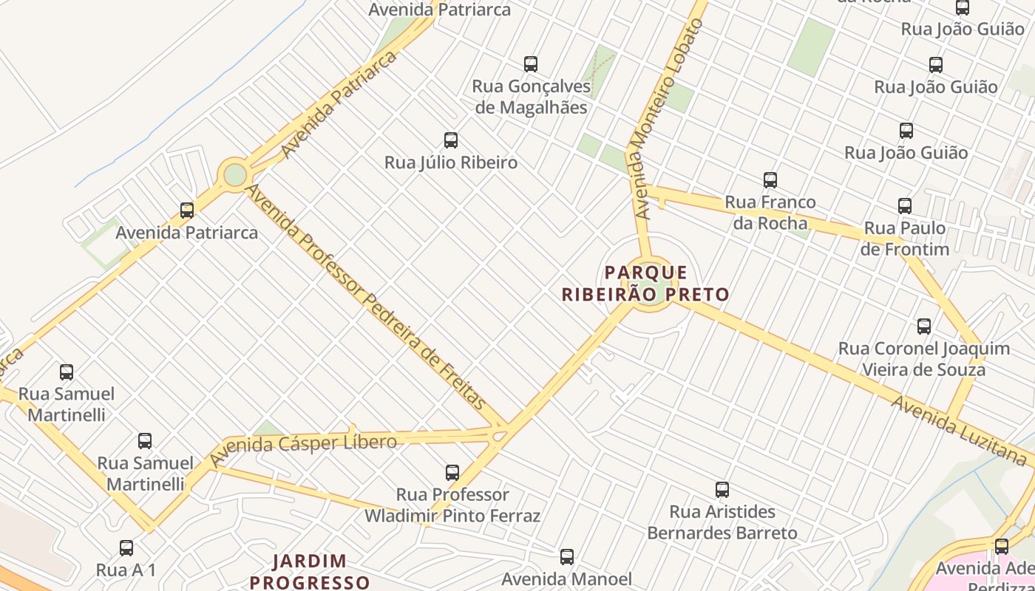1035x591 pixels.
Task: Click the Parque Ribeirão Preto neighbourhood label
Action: pyautogui.click(x=645, y=284)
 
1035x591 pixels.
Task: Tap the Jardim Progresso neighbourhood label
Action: pyautogui.click(x=310, y=572)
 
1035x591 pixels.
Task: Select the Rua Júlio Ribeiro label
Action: pyautogui.click(x=451, y=163)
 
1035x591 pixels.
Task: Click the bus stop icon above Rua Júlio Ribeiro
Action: pyautogui.click(x=451, y=140)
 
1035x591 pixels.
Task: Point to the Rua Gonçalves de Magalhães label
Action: pyautogui.click(x=532, y=97)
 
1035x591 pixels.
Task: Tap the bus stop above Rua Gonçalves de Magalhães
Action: pyautogui.click(x=531, y=64)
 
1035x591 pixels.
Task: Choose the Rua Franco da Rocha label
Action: pyautogui.click(x=770, y=212)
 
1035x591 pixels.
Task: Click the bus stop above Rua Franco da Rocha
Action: pyautogui.click(x=770, y=180)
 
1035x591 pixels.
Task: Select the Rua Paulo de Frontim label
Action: pyautogui.click(x=905, y=239)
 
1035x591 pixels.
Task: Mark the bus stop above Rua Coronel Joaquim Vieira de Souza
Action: pyautogui.click(x=924, y=327)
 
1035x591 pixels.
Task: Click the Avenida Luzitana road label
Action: pyautogui.click(x=959, y=431)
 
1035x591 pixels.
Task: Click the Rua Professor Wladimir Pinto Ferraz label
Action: pyautogui.click(x=452, y=505)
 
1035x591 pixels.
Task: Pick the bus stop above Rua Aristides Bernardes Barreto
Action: pyautogui.click(x=722, y=490)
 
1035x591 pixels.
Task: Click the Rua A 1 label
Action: pyautogui.click(x=126, y=570)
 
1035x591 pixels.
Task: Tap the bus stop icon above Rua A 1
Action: pyautogui.click(x=126, y=548)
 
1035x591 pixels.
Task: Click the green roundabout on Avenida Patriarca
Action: pyautogui.click(x=235, y=175)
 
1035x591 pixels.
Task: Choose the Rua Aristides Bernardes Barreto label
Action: pyautogui.click(x=722, y=522)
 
